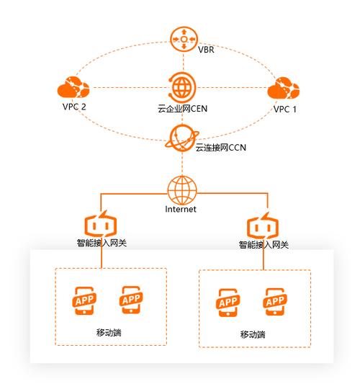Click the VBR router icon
pyautogui.click(x=184, y=39)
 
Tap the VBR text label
pyautogui.click(x=206, y=50)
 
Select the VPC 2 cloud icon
pyautogui.click(x=73, y=87)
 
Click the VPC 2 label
pyautogui.click(x=74, y=107)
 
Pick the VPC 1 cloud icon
pyautogui.click(x=284, y=88)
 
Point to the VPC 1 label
pyautogui.click(x=285, y=109)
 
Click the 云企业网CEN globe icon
pyautogui.click(x=182, y=88)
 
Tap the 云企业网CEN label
pyautogui.click(x=182, y=109)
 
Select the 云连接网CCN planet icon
pyautogui.click(x=182, y=138)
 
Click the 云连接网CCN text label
pyautogui.click(x=220, y=148)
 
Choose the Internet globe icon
pyautogui.click(x=182, y=190)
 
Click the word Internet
pyautogui.click(x=181, y=209)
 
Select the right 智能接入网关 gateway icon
pyautogui.click(x=263, y=225)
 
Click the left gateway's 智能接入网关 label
pyautogui.click(x=102, y=243)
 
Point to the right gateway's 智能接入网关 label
pyautogui.click(x=264, y=245)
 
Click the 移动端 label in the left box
pyautogui.click(x=109, y=332)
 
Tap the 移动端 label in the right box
pyautogui.click(x=253, y=334)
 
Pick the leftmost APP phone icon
pyautogui.click(x=84, y=301)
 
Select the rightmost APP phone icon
pyautogui.click(x=275, y=302)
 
